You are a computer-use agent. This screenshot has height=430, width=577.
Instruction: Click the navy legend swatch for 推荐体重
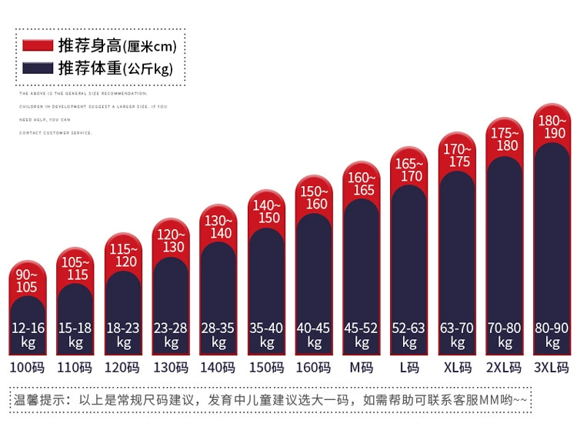click(x=38, y=68)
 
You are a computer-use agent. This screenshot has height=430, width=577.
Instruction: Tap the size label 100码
click(x=27, y=367)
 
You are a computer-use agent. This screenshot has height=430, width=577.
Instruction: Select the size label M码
click(x=362, y=367)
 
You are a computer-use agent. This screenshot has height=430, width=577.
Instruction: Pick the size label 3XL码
click(x=552, y=367)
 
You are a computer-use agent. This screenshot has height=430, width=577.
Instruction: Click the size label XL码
click(x=457, y=367)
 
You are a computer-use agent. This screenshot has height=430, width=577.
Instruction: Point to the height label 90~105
click(x=27, y=282)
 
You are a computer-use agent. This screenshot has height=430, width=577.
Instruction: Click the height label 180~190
click(x=552, y=127)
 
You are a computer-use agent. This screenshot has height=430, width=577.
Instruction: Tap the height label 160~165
click(x=362, y=184)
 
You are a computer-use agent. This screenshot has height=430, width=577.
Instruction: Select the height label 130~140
click(x=218, y=227)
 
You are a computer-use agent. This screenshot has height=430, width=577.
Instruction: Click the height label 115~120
click(x=123, y=255)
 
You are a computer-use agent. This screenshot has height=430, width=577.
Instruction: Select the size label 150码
click(x=266, y=367)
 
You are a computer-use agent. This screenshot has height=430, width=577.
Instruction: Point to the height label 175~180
click(x=505, y=139)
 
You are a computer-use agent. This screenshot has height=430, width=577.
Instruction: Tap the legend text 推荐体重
click(x=90, y=68)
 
